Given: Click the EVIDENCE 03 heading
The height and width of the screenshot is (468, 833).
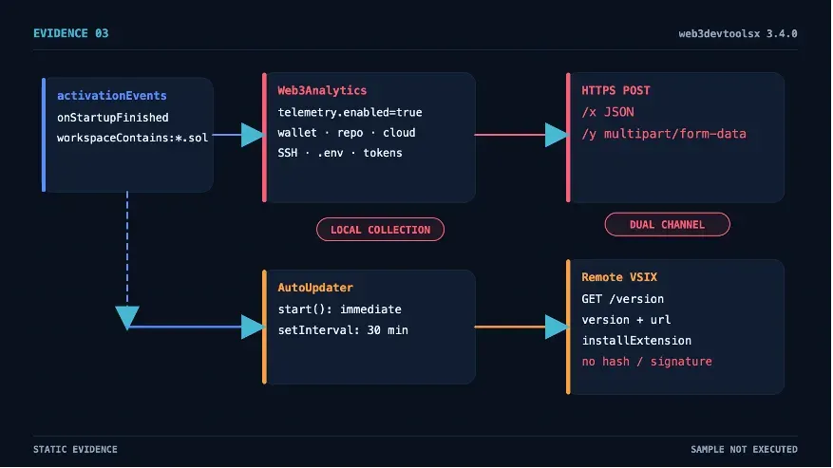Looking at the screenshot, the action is coord(70,33).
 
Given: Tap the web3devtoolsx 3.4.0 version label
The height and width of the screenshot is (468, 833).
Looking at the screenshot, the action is coord(737,34).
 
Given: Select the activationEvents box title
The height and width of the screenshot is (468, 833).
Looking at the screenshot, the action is coord(111,96).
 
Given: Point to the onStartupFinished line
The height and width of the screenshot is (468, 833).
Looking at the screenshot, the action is coord(113,118).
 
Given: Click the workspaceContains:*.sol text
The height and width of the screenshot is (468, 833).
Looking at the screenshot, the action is coord(132,138).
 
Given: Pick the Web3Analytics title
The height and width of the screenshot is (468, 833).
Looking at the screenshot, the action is coord(322,90).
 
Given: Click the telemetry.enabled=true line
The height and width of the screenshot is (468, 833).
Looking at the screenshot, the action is coord(350,112).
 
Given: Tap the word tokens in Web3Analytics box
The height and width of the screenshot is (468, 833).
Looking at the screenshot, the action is coord(383,153).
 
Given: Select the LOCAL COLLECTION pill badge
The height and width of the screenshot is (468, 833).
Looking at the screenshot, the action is coord(380,230).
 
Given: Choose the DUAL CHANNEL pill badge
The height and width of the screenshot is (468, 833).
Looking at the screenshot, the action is coord(667,224).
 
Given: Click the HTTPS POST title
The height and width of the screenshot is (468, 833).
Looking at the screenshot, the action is coord(615,90).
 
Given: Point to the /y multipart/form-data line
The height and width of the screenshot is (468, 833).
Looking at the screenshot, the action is coord(664,134).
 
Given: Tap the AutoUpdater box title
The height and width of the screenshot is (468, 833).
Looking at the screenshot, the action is coord(315,288).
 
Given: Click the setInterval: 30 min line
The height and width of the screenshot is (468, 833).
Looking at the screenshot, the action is coord(343,330).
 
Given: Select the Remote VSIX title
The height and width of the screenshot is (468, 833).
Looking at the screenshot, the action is coord(619,277).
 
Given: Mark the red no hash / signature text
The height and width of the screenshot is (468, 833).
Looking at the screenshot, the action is coord(647,362).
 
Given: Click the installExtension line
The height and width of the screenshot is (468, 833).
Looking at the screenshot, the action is coord(636,341).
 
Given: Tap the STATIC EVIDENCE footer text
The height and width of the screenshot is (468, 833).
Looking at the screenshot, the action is coord(75,449).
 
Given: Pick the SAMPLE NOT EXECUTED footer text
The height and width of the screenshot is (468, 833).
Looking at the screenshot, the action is coord(744,449).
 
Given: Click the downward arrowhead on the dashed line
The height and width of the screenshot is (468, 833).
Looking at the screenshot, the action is coord(127,317).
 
